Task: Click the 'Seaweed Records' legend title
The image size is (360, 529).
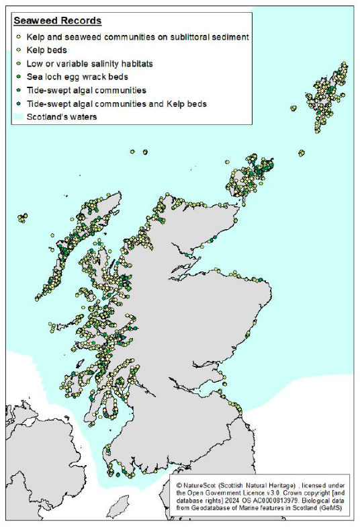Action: click(58, 21)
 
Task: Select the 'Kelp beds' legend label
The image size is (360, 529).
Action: click(46, 50)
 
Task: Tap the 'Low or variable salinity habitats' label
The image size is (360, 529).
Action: click(89, 63)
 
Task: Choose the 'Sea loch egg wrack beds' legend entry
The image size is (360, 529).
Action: click(77, 77)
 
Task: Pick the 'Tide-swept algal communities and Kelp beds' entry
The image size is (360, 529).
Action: click(116, 104)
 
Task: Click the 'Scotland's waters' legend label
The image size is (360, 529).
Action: click(61, 117)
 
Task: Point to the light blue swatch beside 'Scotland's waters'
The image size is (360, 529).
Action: click(18, 117)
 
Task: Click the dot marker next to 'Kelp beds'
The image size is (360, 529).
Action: click(18, 50)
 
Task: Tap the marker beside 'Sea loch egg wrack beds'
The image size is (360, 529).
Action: click(18, 77)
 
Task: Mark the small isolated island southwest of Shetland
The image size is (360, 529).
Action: click(293, 108)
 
